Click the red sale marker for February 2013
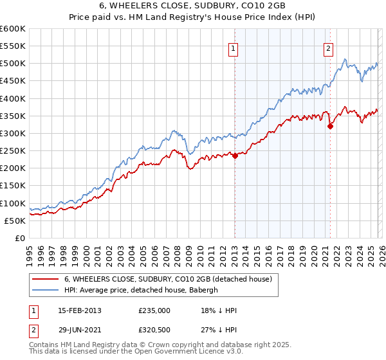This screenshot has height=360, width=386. [x=235, y=155]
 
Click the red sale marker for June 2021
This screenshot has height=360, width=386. [x=330, y=126]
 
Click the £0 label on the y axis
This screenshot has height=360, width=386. [x=19, y=238]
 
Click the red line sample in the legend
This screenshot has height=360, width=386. [x=46, y=279]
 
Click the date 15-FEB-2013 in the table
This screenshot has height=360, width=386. [x=79, y=310]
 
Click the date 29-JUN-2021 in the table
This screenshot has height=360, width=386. [x=79, y=330]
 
